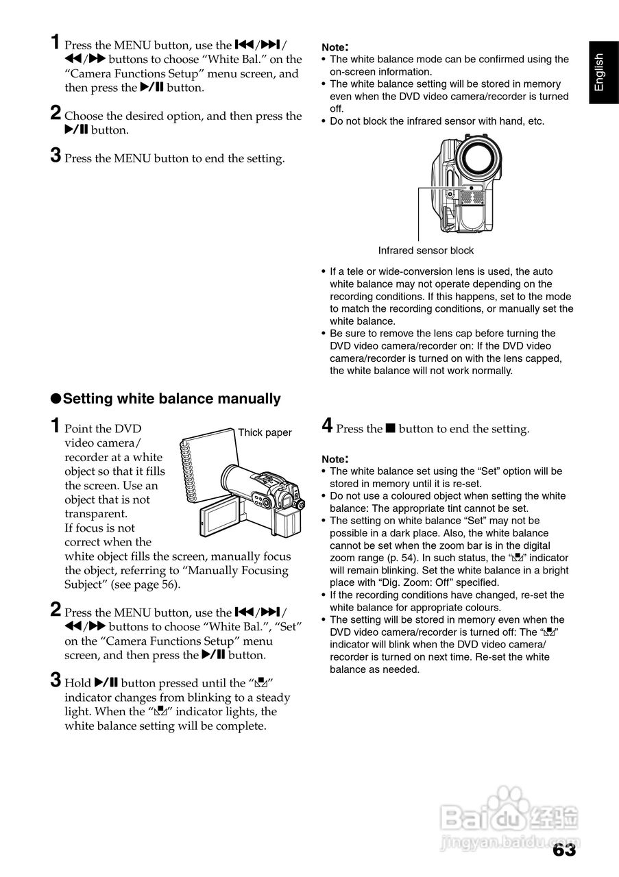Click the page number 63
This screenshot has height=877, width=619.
tap(563, 850)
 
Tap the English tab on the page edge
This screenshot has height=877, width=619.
tap(599, 72)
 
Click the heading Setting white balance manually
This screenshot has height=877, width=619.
tap(171, 399)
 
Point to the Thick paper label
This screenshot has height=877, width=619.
tap(265, 432)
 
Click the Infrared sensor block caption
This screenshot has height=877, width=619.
tap(426, 250)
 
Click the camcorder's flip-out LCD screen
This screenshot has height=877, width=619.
tap(219, 519)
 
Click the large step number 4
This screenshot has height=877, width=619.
tap(327, 426)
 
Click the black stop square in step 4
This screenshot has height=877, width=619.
tap(390, 429)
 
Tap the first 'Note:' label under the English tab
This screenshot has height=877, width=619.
tap(335, 47)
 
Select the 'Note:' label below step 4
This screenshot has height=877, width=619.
tap(335, 458)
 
